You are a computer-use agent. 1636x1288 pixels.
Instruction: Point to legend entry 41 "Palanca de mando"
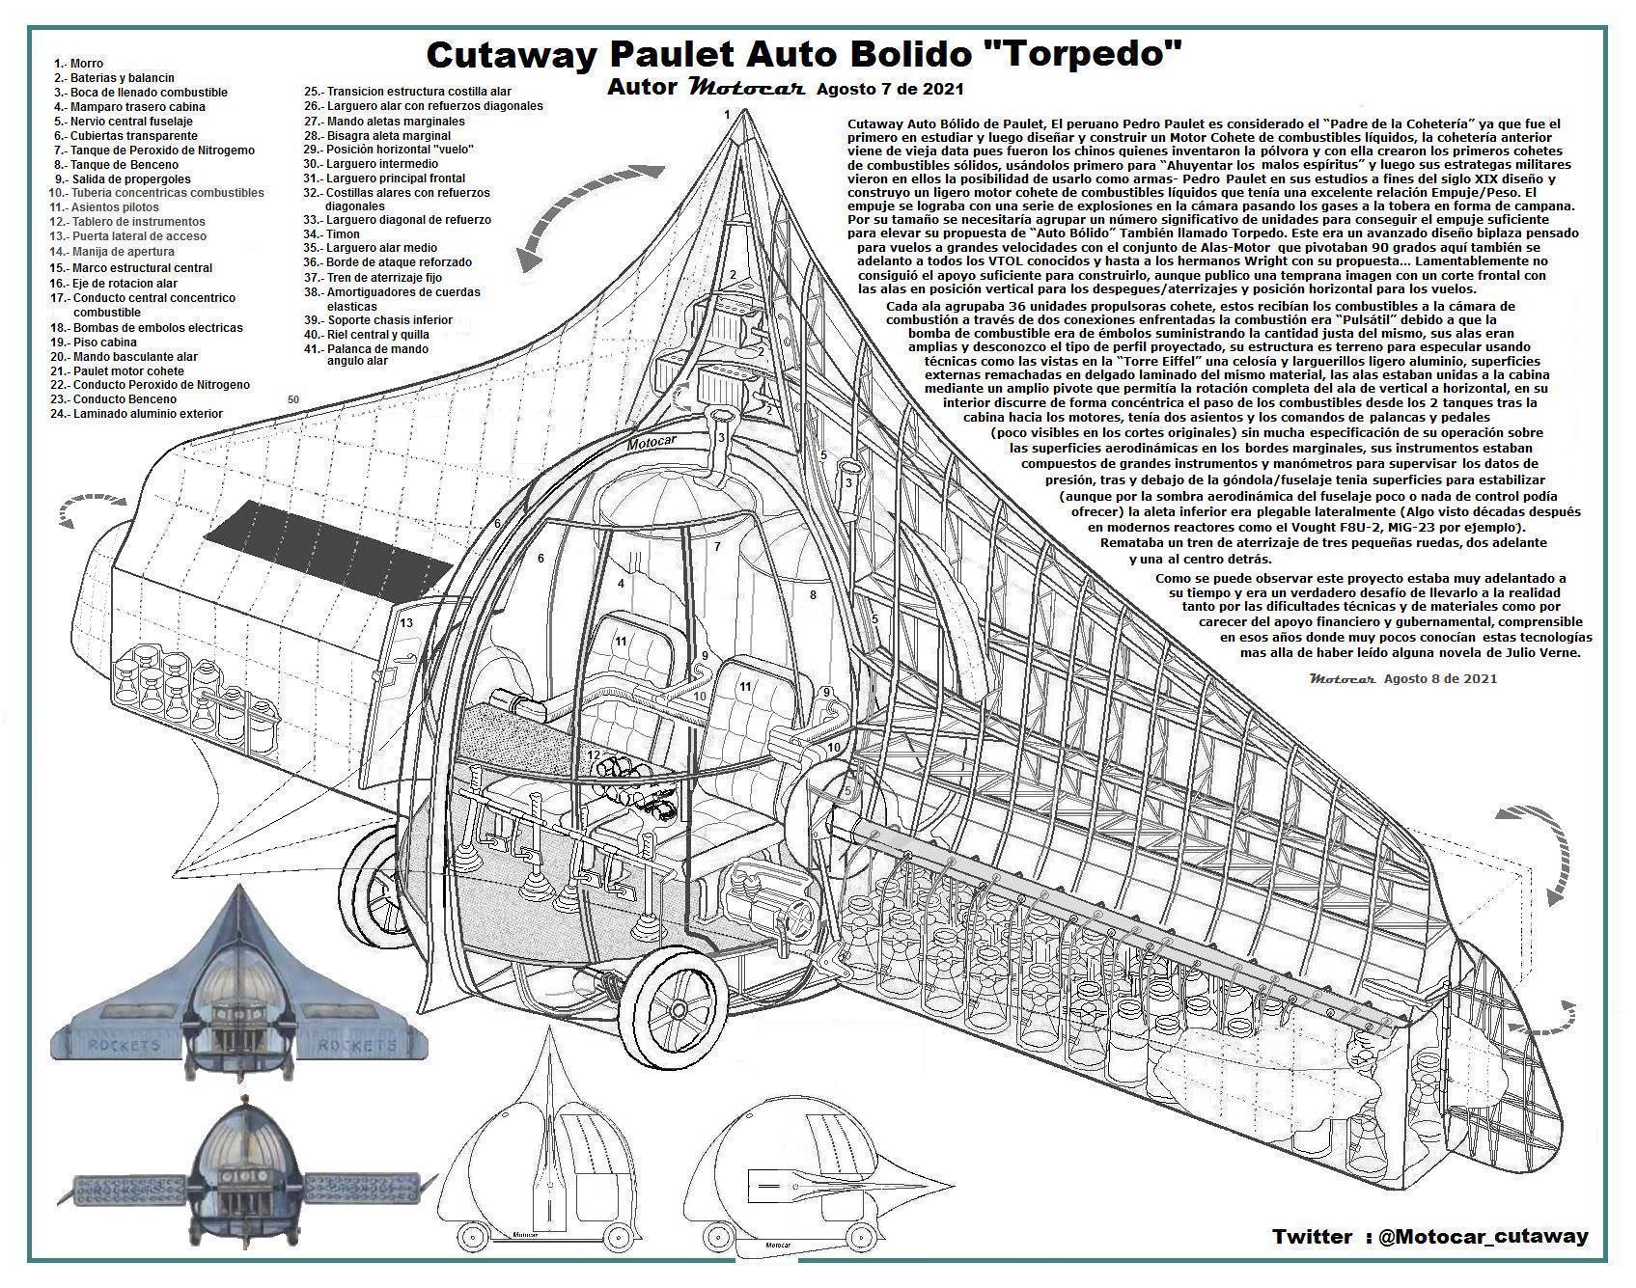tap(377, 349)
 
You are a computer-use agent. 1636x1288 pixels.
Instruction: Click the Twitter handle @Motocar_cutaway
tap(1483, 1236)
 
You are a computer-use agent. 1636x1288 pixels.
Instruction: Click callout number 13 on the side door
tap(406, 623)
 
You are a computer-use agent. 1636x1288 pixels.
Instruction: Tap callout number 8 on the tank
tap(813, 595)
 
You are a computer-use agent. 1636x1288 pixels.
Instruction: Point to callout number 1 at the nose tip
tap(727, 114)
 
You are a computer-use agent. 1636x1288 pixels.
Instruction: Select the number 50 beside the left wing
tap(293, 399)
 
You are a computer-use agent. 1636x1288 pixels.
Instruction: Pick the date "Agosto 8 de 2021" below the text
tap(1440, 678)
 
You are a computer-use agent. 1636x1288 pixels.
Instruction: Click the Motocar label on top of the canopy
tap(652, 444)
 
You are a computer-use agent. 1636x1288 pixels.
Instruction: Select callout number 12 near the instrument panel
tap(594, 755)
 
